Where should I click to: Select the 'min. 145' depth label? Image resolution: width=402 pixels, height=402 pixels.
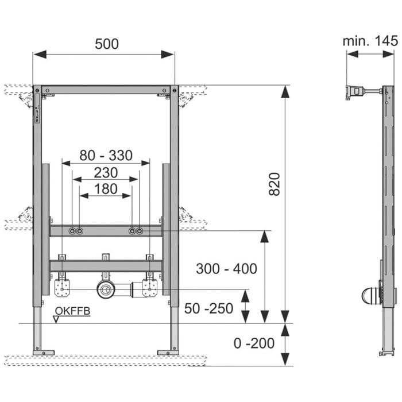pos(370,41)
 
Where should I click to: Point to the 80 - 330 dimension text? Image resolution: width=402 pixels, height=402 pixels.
pos(106,155)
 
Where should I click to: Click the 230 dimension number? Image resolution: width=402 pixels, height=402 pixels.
pos(106,172)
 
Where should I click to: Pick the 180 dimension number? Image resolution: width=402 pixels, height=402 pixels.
pos(106,188)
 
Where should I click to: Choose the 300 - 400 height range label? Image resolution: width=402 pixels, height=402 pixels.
pos(226,268)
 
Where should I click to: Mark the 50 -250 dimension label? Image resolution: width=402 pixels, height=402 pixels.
pos(209,308)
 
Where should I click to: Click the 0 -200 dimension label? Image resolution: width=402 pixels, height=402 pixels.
pos(254,343)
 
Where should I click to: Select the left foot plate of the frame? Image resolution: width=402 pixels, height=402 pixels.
pos(43,352)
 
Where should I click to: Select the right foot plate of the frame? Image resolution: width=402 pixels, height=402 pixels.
pos(168,352)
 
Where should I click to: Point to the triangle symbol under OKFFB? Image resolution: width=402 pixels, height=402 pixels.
pos(56,319)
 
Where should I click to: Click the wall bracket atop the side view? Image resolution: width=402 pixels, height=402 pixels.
pos(356,92)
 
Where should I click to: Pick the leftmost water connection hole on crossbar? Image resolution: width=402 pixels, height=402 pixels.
pos(72,231)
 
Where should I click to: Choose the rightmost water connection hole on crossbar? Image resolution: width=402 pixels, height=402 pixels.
pos(140,231)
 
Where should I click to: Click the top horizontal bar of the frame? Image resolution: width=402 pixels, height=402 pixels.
pos(106,90)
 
